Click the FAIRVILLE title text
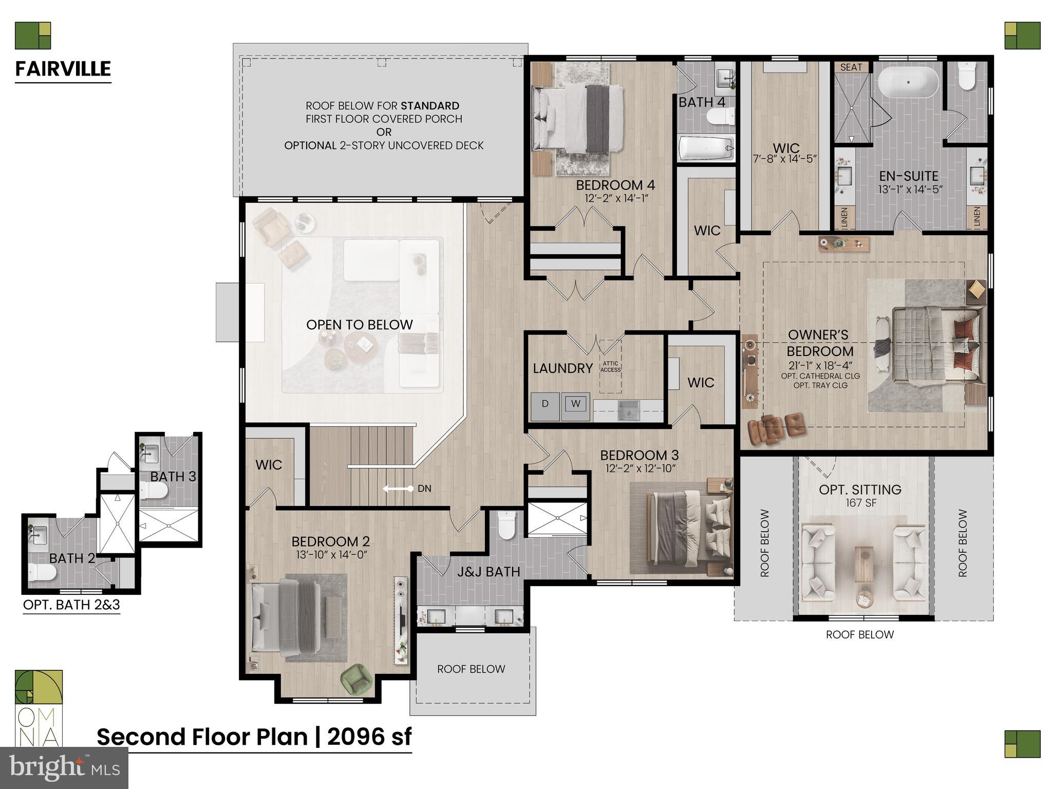63,69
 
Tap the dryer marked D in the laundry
545,404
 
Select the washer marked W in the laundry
575,404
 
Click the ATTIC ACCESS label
611,367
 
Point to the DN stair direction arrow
398,489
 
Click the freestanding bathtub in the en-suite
908,82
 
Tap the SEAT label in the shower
851,67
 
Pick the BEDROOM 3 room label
640,455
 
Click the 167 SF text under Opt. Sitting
860,503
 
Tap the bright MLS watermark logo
64,767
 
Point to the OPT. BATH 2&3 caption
71,605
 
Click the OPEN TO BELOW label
359,325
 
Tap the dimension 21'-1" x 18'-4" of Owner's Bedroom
820,366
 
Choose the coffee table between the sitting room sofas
864,564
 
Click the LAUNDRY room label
562,368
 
